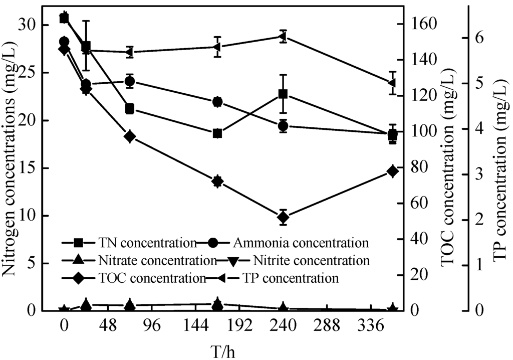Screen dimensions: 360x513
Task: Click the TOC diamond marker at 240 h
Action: coord(283,217)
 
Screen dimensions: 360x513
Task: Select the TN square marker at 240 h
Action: coord(283,94)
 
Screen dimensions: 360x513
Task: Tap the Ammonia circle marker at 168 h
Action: coord(217,102)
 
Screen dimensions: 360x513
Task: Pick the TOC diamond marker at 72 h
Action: coord(130,137)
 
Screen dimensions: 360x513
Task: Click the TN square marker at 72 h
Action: coord(130,109)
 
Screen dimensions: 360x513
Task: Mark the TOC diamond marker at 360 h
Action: coord(392,171)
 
